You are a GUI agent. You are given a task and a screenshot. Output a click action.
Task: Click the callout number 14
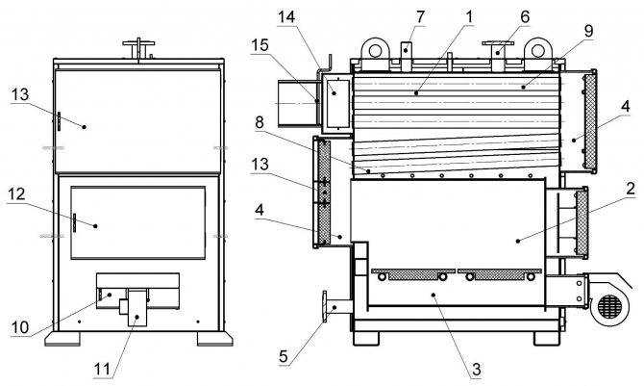286,17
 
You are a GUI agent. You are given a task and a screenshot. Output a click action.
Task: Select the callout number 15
260,45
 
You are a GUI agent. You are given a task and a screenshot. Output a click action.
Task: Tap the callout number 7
420,17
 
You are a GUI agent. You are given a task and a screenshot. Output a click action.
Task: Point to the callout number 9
588,31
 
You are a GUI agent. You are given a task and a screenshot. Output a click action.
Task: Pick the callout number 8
260,122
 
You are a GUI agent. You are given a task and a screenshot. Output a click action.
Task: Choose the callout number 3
477,369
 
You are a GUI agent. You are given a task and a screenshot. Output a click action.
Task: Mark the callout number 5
284,356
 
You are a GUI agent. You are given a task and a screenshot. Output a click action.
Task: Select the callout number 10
20,327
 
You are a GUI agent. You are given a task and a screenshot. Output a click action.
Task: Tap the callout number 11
103,369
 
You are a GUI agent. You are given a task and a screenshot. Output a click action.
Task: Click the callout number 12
17,193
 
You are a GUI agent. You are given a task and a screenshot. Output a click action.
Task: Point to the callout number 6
525,17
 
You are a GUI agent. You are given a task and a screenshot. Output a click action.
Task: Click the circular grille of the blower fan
610,306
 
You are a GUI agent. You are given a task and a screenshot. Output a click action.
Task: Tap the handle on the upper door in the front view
59,121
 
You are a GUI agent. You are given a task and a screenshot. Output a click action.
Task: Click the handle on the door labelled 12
75,223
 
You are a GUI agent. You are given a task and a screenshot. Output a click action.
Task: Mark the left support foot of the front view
62,338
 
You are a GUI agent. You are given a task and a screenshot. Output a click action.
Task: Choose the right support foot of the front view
214,338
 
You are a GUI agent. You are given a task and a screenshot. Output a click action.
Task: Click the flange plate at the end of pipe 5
325,307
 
